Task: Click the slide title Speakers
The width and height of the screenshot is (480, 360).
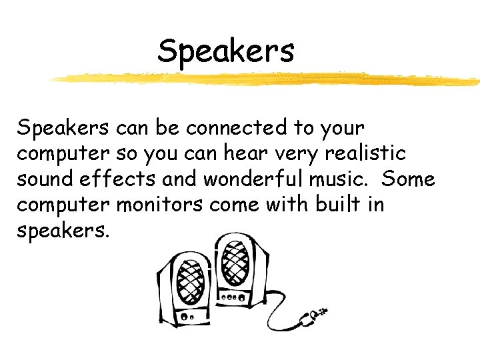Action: pos(225,51)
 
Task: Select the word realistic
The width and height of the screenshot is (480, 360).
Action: pos(365,153)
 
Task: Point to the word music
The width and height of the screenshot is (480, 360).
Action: pos(336,179)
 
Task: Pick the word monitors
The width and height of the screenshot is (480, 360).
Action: pos(160,205)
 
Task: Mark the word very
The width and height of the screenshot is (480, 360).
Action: pos(296,154)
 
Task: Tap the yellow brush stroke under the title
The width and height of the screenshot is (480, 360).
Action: pos(267,79)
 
